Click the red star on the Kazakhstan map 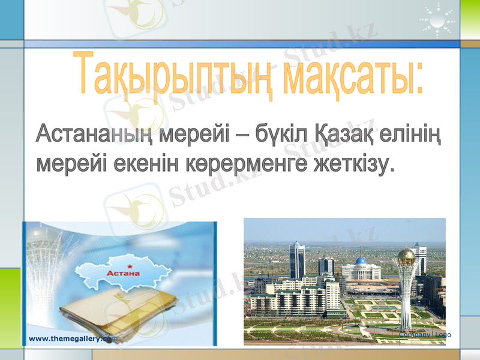pyautogui.click(x=129, y=264)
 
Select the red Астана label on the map pyautogui.click(x=123, y=273)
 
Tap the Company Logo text pyautogui.click(x=425, y=334)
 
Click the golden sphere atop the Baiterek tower pyautogui.click(x=407, y=256)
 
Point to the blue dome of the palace pyautogui.click(x=361, y=261)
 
